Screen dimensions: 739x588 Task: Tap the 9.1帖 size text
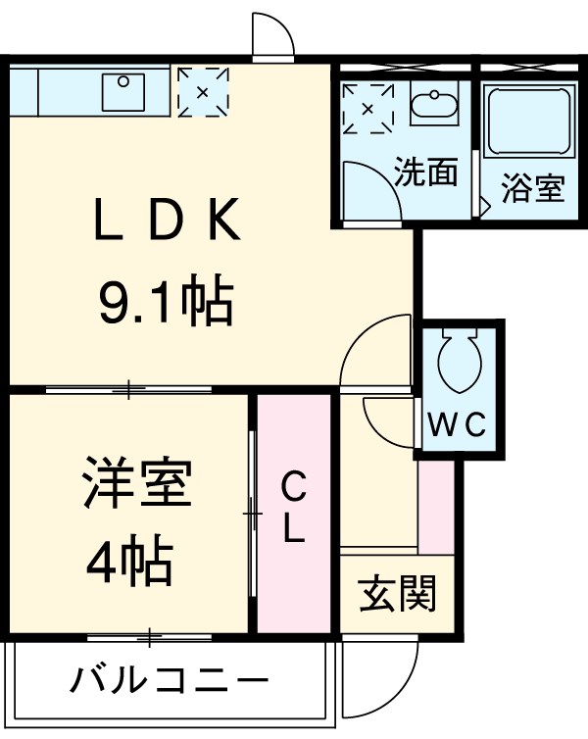[165, 303]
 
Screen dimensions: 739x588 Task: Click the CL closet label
[294, 507]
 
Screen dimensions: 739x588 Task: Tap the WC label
[460, 424]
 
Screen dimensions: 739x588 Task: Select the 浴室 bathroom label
[533, 187]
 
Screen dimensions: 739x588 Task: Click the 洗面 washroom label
[426, 172]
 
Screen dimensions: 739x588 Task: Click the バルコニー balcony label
[170, 679]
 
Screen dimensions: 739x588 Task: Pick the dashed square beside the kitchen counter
[202, 93]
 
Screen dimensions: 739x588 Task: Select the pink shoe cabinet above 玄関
[435, 506]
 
